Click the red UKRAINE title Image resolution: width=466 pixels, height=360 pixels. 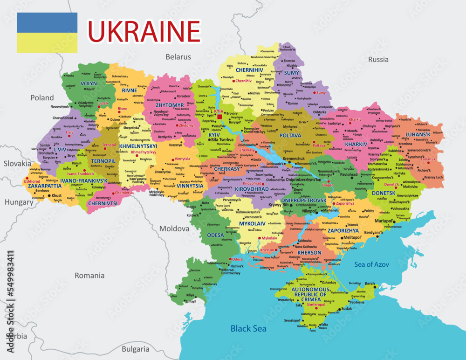click(144, 31)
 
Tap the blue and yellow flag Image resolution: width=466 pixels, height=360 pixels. click(47, 33)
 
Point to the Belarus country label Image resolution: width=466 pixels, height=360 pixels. click(178, 57)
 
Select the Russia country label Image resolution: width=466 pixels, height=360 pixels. click(378, 59)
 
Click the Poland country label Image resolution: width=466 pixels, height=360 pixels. click(42, 98)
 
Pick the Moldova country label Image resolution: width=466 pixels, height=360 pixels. click(174, 229)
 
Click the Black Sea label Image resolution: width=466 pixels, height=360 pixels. click(248, 329)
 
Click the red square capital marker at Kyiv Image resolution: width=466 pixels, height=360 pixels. click(219, 117)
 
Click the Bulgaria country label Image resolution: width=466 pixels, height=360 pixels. click(135, 349)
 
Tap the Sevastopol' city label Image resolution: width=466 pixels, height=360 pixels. click(293, 320)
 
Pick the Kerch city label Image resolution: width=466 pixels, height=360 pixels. click(370, 284)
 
